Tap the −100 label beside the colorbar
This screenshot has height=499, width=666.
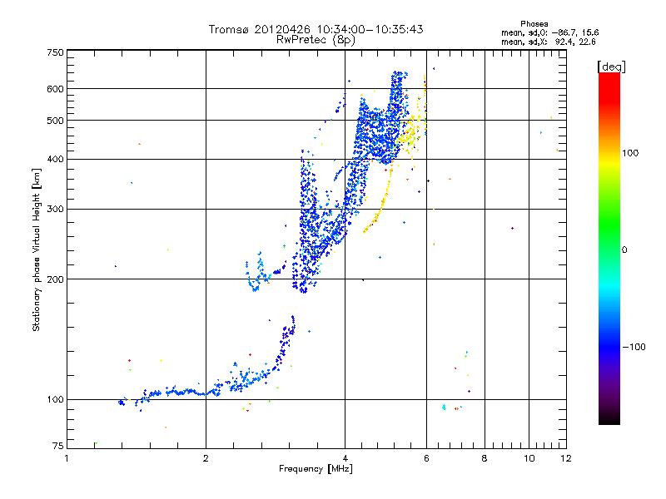638,347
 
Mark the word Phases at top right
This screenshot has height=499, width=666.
534,23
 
